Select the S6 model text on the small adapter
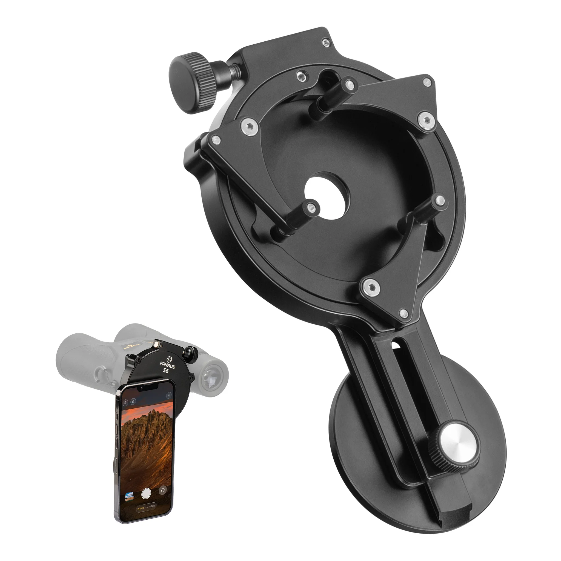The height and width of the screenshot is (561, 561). pos(165,371)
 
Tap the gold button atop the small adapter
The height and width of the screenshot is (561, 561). pos(157,344)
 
